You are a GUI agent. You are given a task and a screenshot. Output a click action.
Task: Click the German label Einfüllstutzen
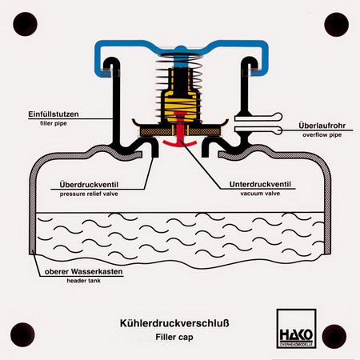[54, 114]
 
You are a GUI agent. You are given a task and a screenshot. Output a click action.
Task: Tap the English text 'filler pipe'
[54, 123]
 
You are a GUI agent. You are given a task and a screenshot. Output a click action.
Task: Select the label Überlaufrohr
[322, 126]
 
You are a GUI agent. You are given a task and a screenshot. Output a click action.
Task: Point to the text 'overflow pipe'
[322, 134]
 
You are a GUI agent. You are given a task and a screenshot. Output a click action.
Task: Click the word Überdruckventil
[89, 184]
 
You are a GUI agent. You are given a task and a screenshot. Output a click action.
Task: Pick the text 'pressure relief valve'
[89, 194]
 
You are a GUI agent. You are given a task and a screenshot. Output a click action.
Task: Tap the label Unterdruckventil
[260, 184]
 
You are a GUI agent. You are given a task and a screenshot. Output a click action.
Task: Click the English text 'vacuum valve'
[260, 194]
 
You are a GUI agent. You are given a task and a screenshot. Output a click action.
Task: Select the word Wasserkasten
[97, 272]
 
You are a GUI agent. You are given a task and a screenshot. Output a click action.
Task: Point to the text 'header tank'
[84, 281]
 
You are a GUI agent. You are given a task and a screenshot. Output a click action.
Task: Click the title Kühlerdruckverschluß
[174, 323]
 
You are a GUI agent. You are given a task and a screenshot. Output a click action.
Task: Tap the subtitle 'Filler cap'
[174, 337]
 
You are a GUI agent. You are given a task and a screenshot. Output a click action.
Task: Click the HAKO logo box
[296, 329]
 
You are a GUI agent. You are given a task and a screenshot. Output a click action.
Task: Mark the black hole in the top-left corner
[25, 24]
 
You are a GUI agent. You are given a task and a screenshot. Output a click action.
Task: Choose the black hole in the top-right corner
[336, 25]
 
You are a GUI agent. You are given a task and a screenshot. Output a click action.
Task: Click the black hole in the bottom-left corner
[22, 334]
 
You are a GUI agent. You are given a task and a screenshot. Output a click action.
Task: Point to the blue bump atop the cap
[181, 48]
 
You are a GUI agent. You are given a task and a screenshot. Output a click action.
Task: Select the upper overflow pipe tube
[258, 117]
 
